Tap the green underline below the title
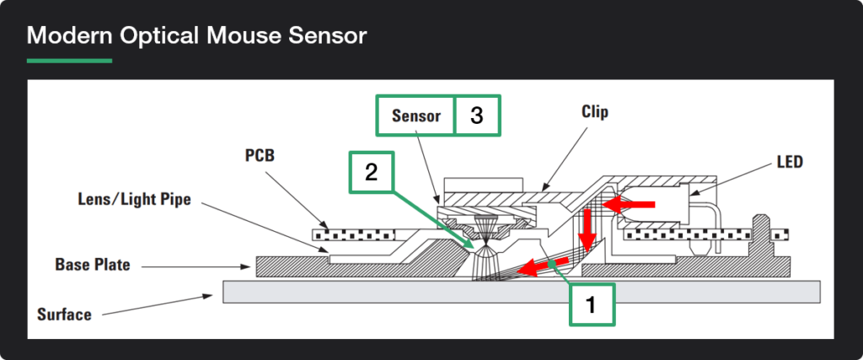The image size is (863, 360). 69,61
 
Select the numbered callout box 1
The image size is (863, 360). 592,304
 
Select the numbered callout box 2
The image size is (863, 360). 371,173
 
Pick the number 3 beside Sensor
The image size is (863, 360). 477,116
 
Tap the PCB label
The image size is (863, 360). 260,157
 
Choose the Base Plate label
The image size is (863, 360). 93,265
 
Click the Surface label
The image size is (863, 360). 64,314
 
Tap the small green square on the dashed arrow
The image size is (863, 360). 550,265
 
